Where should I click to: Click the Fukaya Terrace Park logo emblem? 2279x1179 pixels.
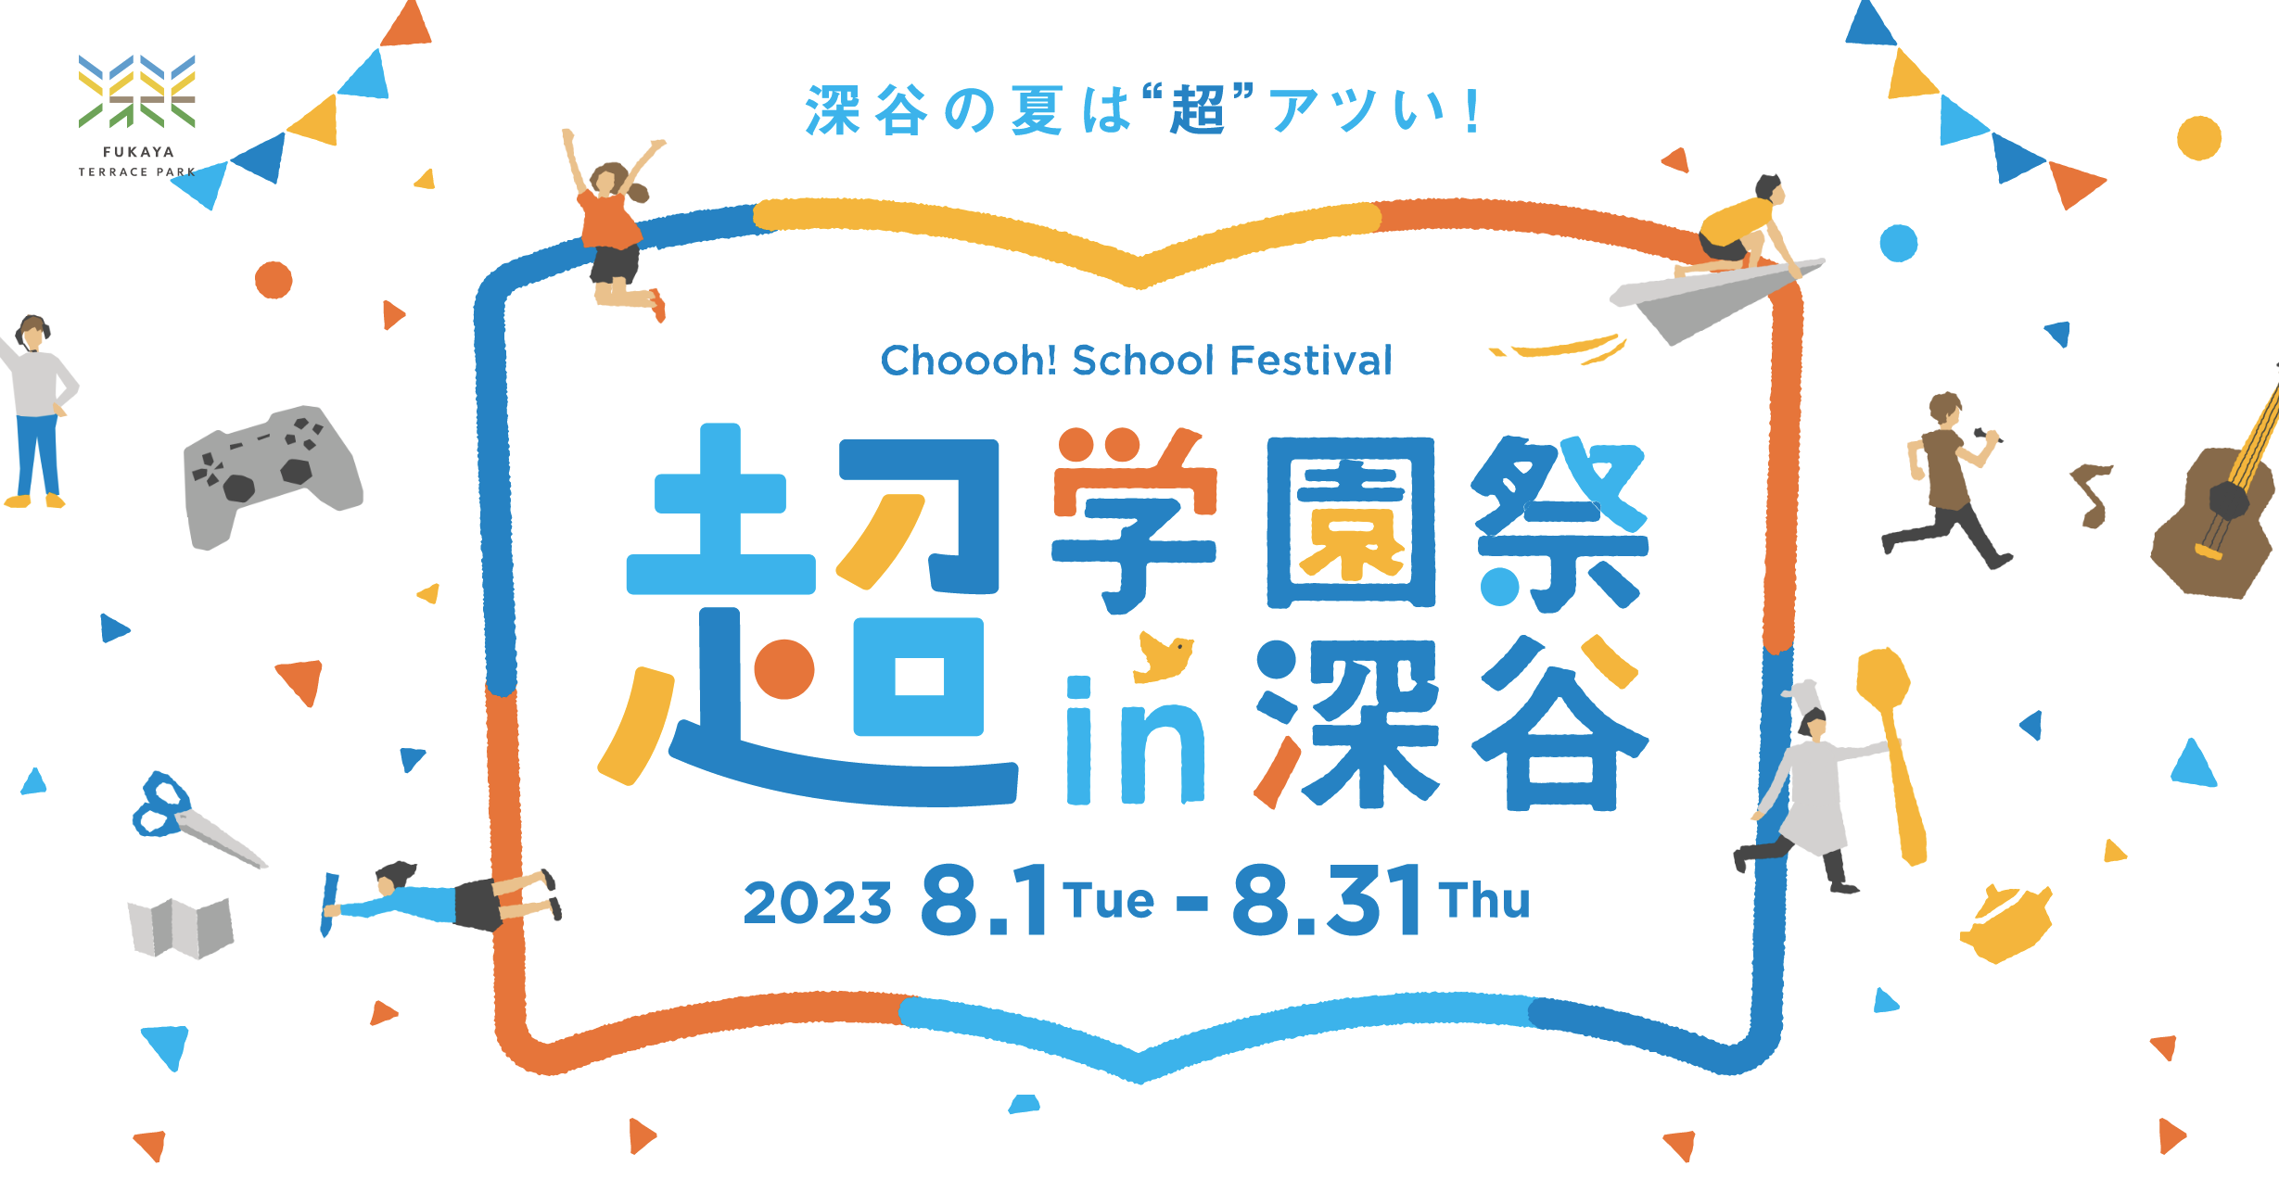pos(137,91)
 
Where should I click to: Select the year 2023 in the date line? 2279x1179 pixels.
pos(817,903)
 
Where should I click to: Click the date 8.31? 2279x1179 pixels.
pos(1328,899)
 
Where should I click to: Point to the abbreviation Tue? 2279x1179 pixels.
pos(1109,900)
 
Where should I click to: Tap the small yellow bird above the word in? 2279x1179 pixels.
pos(1165,656)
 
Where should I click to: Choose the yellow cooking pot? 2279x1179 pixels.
pos(2006,923)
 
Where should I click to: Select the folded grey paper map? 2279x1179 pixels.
pos(181,927)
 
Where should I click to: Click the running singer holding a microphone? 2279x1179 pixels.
pos(1947,478)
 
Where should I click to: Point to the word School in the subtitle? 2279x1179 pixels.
pos(1142,361)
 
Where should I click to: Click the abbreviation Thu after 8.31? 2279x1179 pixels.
pos(1483,900)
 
